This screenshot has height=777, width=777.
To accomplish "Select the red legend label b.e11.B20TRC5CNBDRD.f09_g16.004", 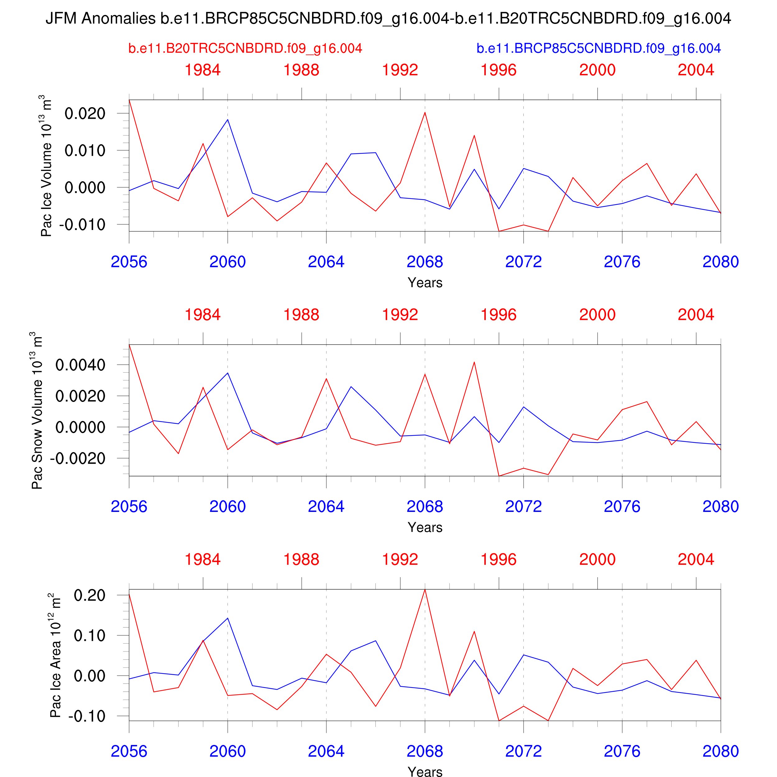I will pyautogui.click(x=245, y=48).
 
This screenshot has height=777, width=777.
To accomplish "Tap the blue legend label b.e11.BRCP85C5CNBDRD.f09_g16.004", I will pyautogui.click(x=598, y=48).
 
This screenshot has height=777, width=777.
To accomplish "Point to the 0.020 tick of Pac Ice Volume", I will pyautogui.click(x=85, y=113).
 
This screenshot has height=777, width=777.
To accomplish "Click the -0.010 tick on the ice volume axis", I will pyautogui.click(x=82, y=224).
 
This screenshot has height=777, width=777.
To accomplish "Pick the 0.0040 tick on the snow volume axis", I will pyautogui.click(x=80, y=365).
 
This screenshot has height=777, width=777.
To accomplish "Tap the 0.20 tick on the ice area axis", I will pyautogui.click(x=89, y=595).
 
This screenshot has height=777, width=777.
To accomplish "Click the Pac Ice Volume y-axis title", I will pyautogui.click(x=47, y=166).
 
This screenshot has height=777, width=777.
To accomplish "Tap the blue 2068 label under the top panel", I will pyautogui.click(x=425, y=262).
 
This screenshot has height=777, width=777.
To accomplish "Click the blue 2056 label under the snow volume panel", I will pyautogui.click(x=129, y=506).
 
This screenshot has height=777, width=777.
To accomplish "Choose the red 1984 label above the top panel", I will pyautogui.click(x=203, y=70).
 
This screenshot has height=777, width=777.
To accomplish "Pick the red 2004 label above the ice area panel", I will pyautogui.click(x=696, y=559).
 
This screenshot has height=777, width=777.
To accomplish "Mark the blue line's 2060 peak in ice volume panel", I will pyautogui.click(x=228, y=119).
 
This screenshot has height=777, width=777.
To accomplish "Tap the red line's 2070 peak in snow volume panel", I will pyautogui.click(x=474, y=362).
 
